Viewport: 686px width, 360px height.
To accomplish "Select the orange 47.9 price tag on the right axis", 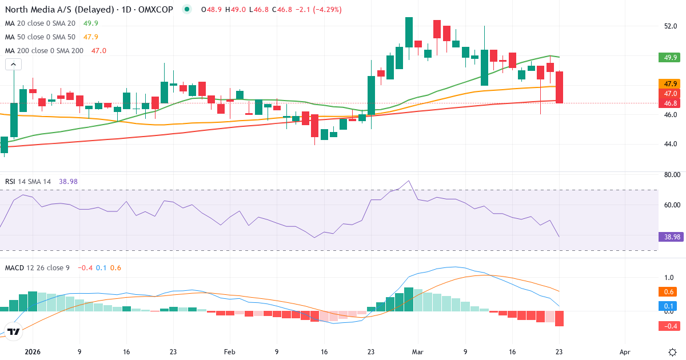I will (x=667, y=83).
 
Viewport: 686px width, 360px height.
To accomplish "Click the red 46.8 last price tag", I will (x=667, y=103).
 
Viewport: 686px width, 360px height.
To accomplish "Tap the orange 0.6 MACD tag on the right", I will (x=667, y=291).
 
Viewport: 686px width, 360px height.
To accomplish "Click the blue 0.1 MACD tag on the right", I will (x=667, y=306).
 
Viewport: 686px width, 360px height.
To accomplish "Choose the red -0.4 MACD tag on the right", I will (x=667, y=326).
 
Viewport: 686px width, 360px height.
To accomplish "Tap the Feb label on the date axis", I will (x=229, y=352).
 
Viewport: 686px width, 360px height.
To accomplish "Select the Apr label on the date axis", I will (x=625, y=352).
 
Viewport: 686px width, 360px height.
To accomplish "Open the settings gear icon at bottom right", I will (x=672, y=351).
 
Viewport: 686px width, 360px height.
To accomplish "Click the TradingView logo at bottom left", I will (x=14, y=331).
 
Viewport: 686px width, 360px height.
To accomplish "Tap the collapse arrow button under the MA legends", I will (x=13, y=65).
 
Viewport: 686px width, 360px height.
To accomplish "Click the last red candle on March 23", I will (x=559, y=87).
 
